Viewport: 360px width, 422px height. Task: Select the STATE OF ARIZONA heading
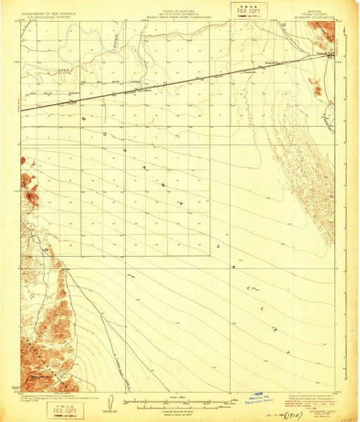[x=179, y=5]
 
